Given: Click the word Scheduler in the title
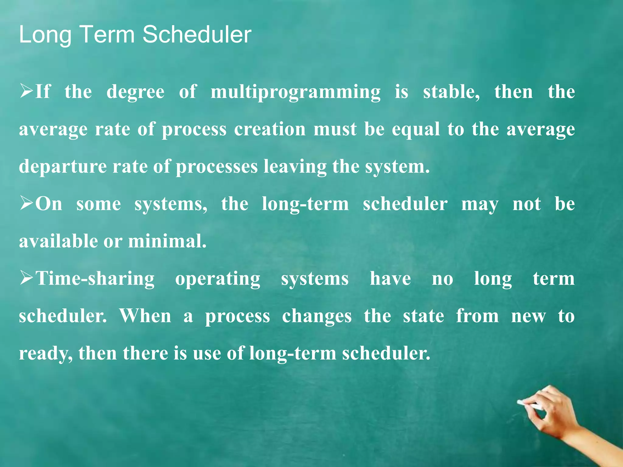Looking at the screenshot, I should coord(197,34).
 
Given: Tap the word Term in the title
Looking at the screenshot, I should coord(108,34).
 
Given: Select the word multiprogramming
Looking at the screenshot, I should coord(295,92).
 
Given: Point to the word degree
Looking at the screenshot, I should coord(135,92).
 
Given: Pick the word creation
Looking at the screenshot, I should coord(270,129).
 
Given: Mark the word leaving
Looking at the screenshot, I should coord(295,167).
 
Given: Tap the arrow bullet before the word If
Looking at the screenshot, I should coord(26,91).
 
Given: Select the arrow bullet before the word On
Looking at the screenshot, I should coord(26,203).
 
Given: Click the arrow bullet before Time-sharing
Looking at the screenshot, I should coord(26,278).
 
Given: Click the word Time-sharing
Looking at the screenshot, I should coord(95,278).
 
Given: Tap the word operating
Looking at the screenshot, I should coord(218,279).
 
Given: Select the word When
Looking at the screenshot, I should coord(145,316).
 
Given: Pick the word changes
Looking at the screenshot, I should coord(317,317).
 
